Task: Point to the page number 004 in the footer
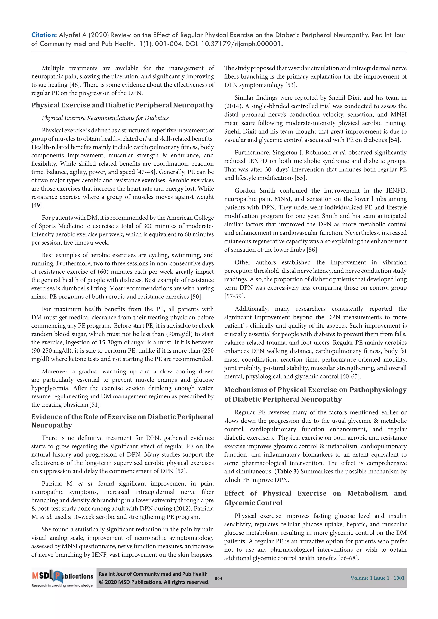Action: [x=218, y=578]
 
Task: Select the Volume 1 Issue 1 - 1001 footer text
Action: [x=377, y=578]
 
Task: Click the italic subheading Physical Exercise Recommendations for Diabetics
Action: [x=105, y=118]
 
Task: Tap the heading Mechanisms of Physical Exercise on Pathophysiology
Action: [x=315, y=390]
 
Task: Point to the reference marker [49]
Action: [x=37, y=205]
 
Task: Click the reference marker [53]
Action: [x=291, y=85]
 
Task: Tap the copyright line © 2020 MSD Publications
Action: [x=154, y=582]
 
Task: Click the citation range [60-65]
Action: [x=350, y=376]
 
